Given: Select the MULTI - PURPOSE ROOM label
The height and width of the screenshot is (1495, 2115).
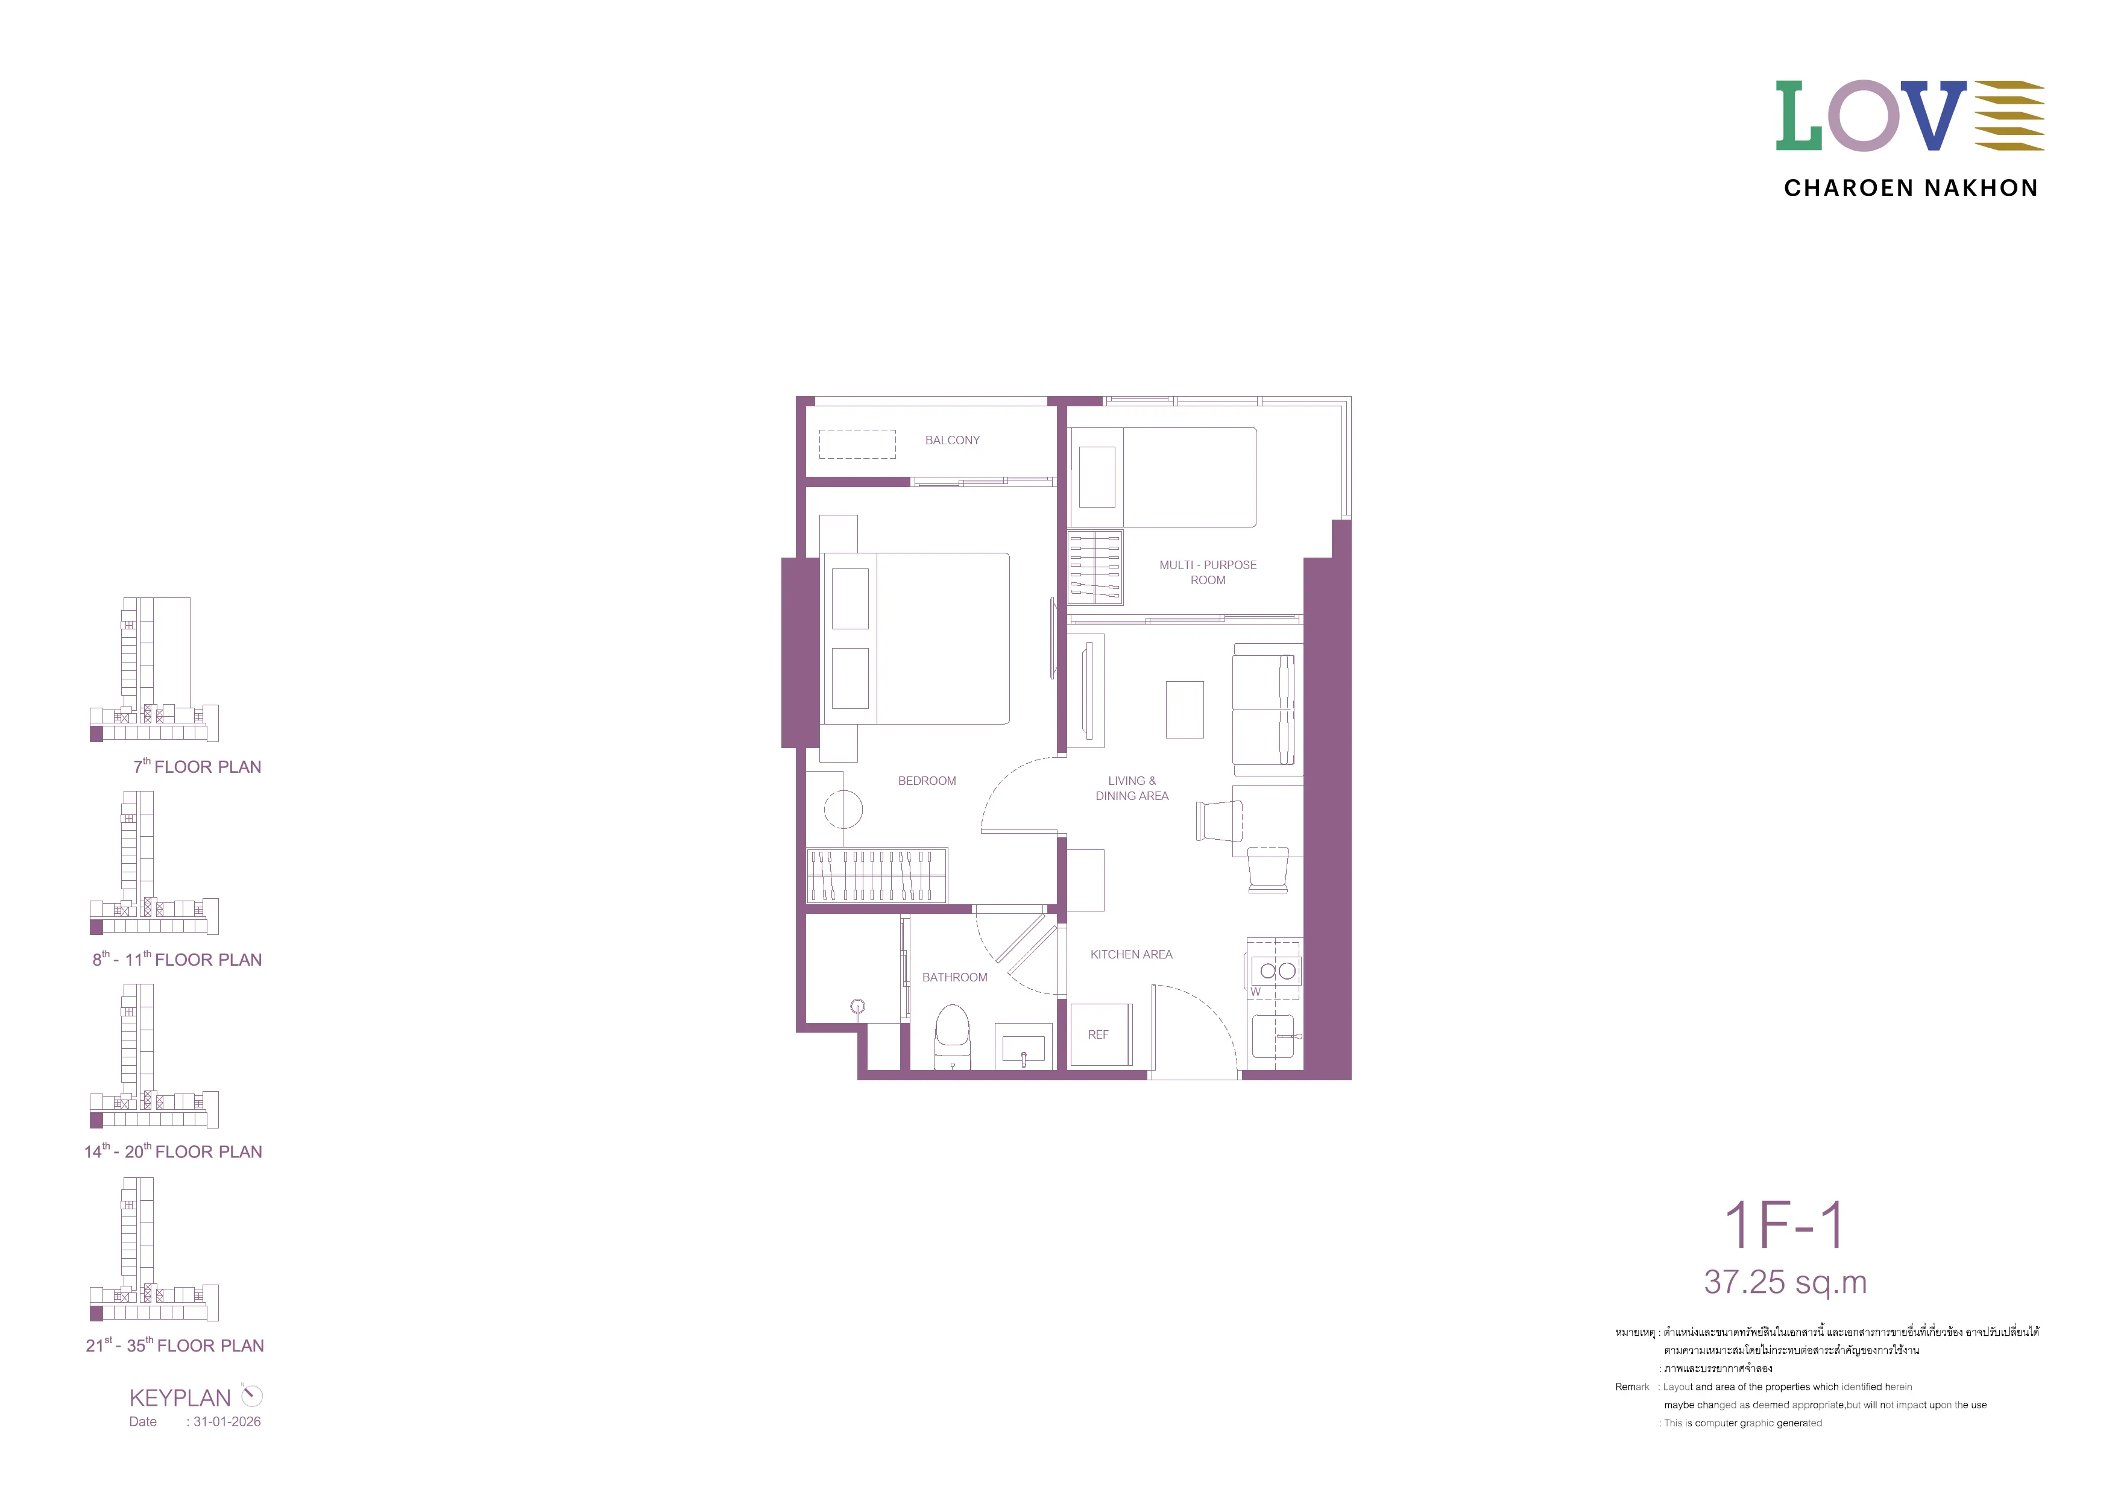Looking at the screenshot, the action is coord(1208,572).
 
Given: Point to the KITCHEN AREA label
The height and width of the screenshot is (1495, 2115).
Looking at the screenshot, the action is coord(1131,954).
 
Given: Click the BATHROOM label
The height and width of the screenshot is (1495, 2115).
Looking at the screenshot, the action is coord(954,977).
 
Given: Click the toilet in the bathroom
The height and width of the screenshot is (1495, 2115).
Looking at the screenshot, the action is coord(953,1036).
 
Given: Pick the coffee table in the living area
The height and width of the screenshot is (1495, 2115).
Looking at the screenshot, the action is coord(1185,710).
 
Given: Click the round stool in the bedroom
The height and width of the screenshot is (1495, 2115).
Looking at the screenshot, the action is coord(843,810).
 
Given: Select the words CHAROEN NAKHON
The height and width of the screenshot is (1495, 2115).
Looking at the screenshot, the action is coord(1911,188).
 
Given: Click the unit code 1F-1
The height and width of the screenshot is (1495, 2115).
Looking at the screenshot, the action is coord(1783,1225).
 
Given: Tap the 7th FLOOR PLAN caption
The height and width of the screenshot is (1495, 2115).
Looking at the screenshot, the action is coord(197,766).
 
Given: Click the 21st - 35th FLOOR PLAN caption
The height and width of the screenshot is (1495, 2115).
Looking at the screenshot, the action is coord(175,1345).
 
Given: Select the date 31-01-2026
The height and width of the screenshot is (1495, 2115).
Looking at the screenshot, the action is coord(227,1421).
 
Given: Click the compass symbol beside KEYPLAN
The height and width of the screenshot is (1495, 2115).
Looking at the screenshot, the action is coord(251,1396).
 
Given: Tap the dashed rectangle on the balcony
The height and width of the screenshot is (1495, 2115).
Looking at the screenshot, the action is coord(857,444).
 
